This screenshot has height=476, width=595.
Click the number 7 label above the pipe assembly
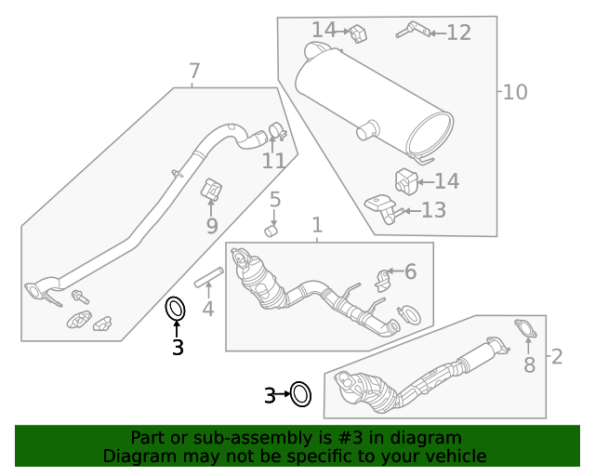pos(194,71)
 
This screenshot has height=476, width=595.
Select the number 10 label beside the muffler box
pos(515,92)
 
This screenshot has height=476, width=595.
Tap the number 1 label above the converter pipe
pos(317,225)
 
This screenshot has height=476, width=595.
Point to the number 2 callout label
pos(557,356)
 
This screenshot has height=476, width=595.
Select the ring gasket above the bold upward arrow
pos(175,308)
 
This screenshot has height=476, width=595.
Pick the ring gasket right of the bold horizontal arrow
pos(300,395)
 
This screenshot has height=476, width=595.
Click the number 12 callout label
pos(458,33)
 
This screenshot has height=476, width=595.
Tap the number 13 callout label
pos(433,210)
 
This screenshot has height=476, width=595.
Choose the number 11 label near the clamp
pos(273,161)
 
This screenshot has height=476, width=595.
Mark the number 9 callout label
pos(211,226)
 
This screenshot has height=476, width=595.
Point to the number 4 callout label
pos(208,309)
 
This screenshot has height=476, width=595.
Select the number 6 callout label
pos(410,271)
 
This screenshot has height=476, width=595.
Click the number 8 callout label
pos(529,364)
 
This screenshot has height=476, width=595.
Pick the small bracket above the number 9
pos(212,190)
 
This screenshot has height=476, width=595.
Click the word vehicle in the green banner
pos(454,456)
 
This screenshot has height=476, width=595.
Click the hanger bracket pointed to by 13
pos(382,207)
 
